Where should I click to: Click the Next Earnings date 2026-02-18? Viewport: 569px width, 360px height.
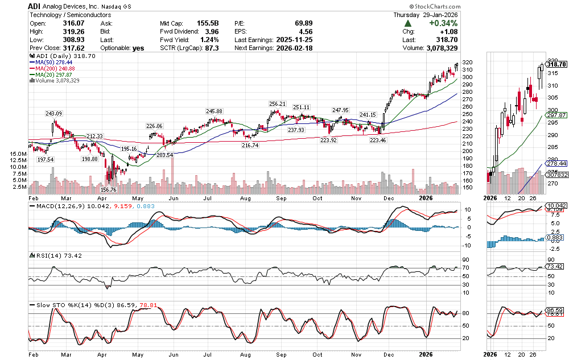pyautogui.click(x=293, y=48)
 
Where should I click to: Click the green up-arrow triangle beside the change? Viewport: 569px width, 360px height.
pyautogui.click(x=408, y=23)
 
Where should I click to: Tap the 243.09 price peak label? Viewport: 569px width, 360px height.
pyautogui.click(x=54, y=114)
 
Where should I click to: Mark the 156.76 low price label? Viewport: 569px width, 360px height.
pyautogui.click(x=108, y=189)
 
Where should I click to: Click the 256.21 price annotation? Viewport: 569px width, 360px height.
pyautogui.click(x=277, y=104)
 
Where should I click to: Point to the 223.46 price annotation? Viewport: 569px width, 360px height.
pyautogui.click(x=378, y=139)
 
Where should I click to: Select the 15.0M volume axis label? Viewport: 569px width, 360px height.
pyautogui.click(x=17, y=154)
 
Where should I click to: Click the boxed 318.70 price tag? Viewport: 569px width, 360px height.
pyautogui.click(x=556, y=65)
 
